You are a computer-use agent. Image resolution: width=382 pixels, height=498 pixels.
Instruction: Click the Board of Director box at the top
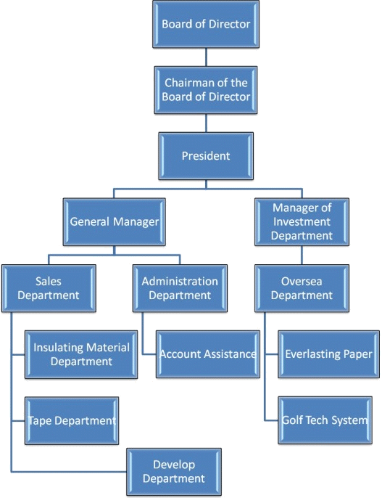206,24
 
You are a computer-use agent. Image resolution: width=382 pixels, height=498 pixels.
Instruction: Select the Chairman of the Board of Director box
206,90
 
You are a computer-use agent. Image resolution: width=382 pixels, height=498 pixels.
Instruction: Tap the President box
206,156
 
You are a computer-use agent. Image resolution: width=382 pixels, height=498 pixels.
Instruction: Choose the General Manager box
114,221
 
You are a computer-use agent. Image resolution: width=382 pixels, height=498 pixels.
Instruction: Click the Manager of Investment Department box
302,221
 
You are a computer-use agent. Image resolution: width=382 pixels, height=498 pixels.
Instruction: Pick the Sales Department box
49,288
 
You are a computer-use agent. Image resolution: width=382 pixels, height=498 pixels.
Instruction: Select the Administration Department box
180,288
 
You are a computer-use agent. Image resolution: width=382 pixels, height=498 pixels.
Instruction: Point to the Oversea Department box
302,288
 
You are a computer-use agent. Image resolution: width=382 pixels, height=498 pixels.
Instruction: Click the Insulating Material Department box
81,354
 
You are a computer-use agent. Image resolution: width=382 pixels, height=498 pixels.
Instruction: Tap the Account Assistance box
208,354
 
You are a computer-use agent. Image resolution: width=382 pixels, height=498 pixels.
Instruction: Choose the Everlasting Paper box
329,354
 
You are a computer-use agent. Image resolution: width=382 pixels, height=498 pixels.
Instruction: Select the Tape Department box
72,420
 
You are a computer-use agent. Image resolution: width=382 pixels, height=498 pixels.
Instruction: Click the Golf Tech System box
325,420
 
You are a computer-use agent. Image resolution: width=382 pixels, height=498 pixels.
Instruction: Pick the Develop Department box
174,472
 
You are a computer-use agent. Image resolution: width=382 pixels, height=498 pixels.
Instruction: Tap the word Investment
302,221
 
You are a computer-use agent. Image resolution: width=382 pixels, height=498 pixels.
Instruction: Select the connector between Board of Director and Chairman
206,57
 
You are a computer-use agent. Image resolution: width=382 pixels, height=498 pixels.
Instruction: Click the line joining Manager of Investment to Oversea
302,255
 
